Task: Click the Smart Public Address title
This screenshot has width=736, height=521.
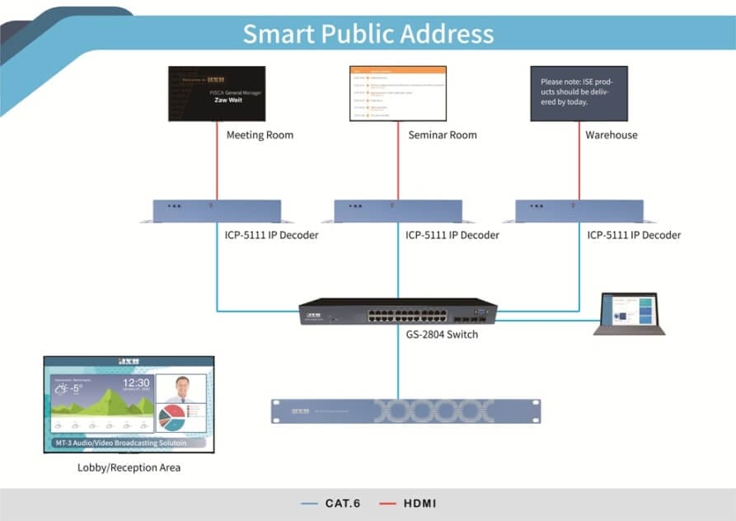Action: (x=368, y=34)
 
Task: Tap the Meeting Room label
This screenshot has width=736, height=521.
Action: (x=260, y=135)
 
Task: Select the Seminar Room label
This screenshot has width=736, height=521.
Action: (x=443, y=135)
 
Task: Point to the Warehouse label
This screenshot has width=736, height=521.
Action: (x=611, y=135)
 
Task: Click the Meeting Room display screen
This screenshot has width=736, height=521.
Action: (x=217, y=93)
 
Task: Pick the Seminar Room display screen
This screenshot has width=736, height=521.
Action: (x=398, y=93)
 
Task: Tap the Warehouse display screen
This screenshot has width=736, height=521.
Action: (x=579, y=93)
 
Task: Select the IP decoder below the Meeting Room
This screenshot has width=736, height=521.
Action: (x=217, y=210)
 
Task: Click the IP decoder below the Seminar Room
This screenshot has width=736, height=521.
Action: (x=398, y=210)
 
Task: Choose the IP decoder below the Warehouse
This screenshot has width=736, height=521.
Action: (x=579, y=210)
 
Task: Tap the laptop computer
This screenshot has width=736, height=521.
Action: (x=630, y=313)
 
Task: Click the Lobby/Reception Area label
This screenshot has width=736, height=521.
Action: (x=129, y=467)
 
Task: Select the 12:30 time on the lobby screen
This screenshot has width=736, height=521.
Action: (x=136, y=383)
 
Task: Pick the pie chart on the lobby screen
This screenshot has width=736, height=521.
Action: (x=171, y=416)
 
